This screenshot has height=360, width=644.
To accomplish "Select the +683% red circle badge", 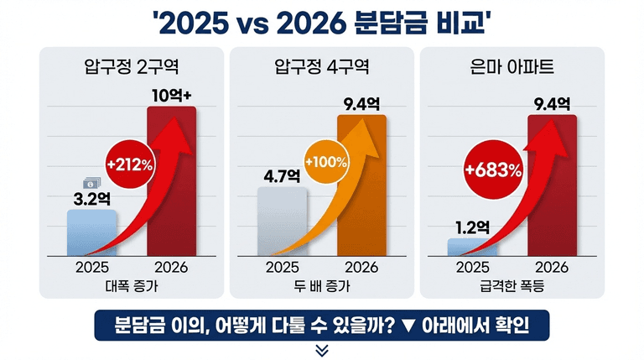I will [494, 170].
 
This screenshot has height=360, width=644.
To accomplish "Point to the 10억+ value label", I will [173, 94].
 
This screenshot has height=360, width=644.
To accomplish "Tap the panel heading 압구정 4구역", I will [322, 66].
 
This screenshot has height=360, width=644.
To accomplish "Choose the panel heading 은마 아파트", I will [512, 66].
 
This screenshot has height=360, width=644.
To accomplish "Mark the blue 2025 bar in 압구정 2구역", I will [91, 232].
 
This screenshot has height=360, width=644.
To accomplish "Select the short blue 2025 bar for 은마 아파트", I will [472, 246].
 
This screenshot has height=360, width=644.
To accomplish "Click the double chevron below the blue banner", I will [322, 349].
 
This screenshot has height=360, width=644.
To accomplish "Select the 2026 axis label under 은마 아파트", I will [552, 268].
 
